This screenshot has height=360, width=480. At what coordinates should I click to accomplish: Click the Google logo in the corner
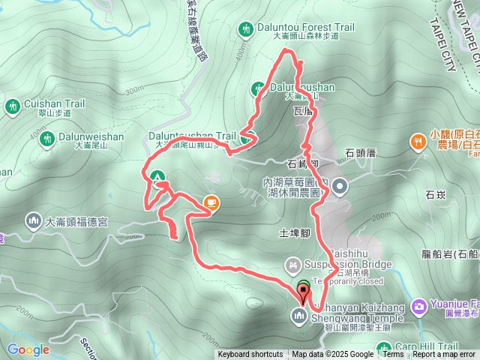pyautogui.click(x=28, y=349)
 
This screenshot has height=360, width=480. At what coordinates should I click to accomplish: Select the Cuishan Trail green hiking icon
pyautogui.click(x=12, y=107)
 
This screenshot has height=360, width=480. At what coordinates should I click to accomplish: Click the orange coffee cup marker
pyautogui.click(x=211, y=202)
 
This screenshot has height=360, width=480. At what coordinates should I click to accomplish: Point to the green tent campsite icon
pyautogui.click(x=157, y=178)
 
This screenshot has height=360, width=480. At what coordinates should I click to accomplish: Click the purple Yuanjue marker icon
pyautogui.click(x=418, y=305)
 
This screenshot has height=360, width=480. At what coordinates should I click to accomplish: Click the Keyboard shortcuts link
pyautogui.click(x=250, y=355)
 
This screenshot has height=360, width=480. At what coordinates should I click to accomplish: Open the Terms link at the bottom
pyautogui.click(x=393, y=355)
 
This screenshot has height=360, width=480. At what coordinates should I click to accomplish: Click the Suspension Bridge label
pyautogui.click(x=348, y=264)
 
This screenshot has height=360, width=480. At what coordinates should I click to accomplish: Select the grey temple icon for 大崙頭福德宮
pyautogui.click(x=33, y=221)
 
